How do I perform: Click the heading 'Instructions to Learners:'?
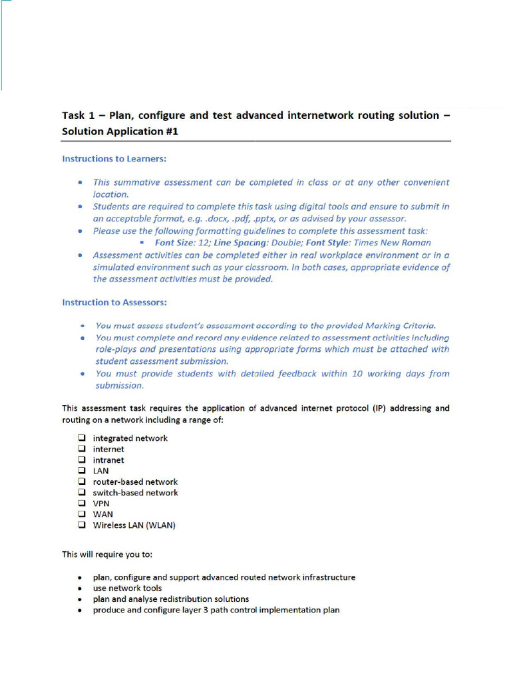point(114,159)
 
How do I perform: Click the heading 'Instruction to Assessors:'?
point(114,303)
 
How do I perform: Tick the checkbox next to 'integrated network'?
point(81,438)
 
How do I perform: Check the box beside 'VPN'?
point(81,503)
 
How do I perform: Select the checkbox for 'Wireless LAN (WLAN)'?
point(81,525)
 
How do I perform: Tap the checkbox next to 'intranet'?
point(81,460)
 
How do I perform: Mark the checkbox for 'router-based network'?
point(81,481)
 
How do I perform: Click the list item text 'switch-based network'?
point(135,493)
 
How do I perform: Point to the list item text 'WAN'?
point(103,514)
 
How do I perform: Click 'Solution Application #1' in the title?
point(120,132)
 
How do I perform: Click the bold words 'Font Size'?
point(174,243)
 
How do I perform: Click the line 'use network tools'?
point(127,589)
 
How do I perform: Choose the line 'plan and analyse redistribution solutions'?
point(171,599)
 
